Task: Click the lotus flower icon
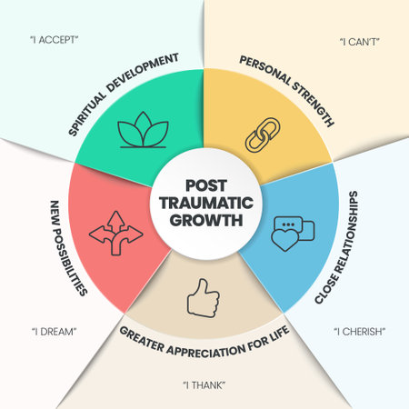pos(141,133)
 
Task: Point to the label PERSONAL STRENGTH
pos(287,91)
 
